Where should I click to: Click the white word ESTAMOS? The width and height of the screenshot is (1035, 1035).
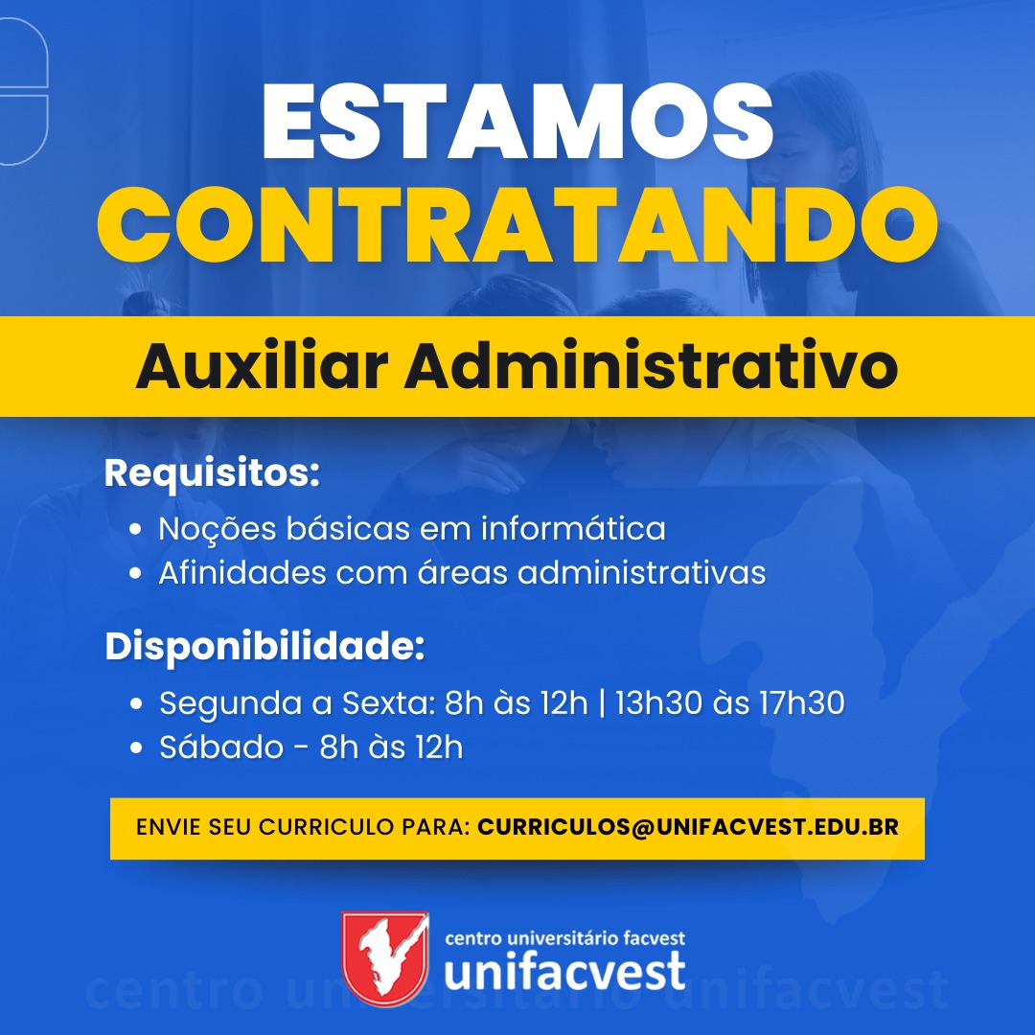point(517,123)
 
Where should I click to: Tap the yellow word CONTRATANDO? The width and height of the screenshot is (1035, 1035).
point(517,224)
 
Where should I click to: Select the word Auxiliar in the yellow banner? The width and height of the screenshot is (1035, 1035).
point(262,366)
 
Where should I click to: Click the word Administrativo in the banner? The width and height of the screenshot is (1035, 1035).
point(651,366)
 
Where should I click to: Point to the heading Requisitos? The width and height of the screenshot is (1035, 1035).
point(212,474)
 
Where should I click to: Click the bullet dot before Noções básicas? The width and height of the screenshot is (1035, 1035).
point(136,529)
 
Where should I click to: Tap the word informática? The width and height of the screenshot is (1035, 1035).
point(573,528)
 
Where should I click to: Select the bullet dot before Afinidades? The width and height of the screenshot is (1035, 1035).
point(136,573)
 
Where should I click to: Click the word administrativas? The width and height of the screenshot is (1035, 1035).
point(641,572)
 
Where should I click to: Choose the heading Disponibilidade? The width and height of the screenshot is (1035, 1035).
point(264,647)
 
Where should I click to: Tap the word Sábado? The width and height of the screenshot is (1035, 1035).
point(221,747)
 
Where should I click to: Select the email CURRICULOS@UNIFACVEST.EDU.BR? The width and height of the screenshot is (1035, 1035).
point(688,827)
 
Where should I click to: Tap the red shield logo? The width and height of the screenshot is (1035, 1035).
point(385,958)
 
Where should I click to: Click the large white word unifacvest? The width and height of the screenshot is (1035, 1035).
point(565,971)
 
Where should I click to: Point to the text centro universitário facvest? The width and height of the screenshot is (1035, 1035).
point(565,937)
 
